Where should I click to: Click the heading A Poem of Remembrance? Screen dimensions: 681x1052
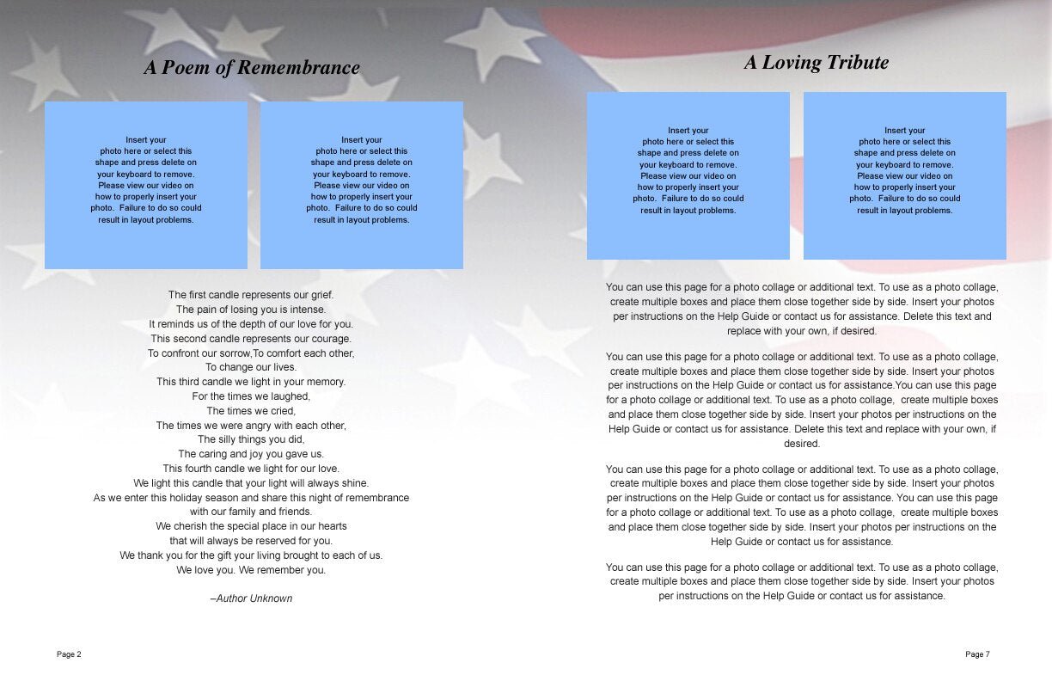(251, 68)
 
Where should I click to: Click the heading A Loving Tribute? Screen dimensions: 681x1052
(816, 63)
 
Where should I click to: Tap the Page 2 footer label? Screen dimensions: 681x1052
(69, 654)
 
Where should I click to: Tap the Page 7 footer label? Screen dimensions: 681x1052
(977, 654)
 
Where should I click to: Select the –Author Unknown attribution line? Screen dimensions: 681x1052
(251, 598)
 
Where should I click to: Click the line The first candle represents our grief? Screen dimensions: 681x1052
(251, 295)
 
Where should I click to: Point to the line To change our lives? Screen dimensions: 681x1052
(251, 367)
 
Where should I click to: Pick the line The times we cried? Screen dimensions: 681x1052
(251, 411)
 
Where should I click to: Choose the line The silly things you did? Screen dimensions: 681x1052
(251, 439)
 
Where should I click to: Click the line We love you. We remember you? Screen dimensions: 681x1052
(251, 570)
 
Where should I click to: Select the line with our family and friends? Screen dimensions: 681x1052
(251, 512)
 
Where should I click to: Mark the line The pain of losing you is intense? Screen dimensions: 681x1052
(251, 310)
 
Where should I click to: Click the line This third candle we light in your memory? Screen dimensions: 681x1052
(251, 382)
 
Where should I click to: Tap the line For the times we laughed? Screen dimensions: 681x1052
(251, 396)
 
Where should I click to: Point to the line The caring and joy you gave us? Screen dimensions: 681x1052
(251, 454)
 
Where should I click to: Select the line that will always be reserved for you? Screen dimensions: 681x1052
(251, 541)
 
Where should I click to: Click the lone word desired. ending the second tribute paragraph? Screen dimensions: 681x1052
(802, 445)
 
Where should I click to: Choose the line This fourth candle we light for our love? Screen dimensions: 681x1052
(251, 469)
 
